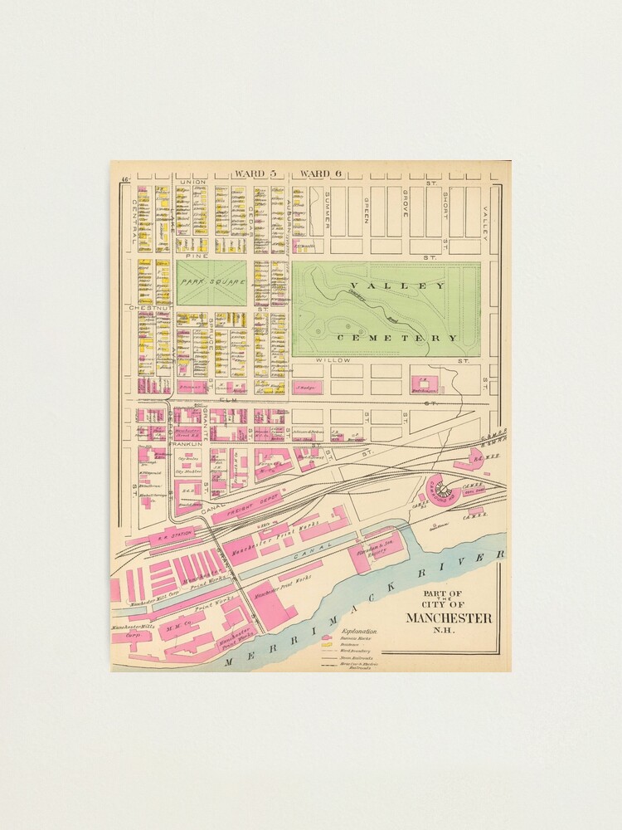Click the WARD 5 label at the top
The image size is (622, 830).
254,173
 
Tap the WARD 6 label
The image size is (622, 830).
321,173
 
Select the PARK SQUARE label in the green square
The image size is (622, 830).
212,282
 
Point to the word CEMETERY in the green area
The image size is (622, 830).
396,338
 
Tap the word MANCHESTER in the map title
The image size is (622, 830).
448,618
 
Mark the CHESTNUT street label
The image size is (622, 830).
149,308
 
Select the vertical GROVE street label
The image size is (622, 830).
406,203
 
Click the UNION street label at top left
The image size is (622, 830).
192,182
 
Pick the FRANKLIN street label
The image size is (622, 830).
188,444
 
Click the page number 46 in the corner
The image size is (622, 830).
124,180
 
